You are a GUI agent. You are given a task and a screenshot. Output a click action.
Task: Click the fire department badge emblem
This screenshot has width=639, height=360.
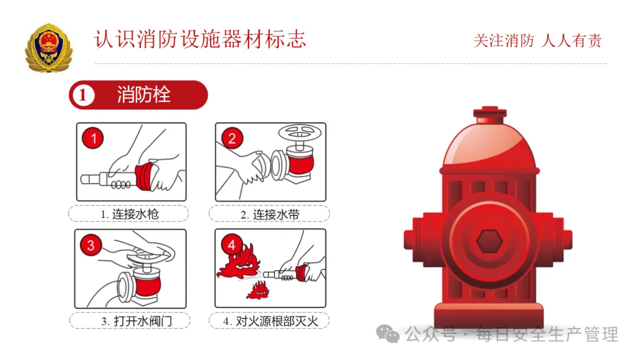pos(49,48)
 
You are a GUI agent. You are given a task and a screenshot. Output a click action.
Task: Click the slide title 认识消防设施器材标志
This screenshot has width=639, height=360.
pos(200,40)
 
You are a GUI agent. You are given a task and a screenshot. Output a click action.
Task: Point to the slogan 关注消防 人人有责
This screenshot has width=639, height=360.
pos(537,41)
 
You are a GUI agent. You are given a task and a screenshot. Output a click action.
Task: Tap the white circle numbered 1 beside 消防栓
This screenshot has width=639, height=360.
pos(83,95)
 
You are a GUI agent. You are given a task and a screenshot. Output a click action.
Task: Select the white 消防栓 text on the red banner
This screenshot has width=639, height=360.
pos(144,95)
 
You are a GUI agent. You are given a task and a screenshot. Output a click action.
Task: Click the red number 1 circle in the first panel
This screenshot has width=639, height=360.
pos(93,138)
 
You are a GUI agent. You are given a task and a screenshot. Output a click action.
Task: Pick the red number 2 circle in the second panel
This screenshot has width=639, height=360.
pos(232,138)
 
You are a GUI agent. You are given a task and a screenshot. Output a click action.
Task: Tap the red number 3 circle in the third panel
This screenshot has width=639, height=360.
pos(91,245)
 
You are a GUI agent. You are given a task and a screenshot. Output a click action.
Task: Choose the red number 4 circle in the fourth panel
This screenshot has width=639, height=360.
pos(231,245)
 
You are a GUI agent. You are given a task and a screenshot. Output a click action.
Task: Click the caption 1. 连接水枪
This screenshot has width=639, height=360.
pos(130,214)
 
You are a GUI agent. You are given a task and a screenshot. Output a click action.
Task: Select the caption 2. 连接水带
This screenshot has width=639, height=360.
pos(270,214)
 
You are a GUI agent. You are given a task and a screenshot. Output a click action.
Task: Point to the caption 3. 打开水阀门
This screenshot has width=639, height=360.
pos(137,321)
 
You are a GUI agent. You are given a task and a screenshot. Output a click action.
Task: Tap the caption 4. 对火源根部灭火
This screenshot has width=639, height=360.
pos(270,321)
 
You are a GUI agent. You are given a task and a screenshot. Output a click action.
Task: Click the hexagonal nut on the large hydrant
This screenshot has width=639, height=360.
pos(489,241)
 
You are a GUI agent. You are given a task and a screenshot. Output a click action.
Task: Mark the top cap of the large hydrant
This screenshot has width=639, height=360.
pos(490,114)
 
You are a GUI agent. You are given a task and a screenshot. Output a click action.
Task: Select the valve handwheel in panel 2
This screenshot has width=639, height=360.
pos(300,132)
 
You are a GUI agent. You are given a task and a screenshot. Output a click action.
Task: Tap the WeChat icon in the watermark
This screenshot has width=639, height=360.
pos(388,334)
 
